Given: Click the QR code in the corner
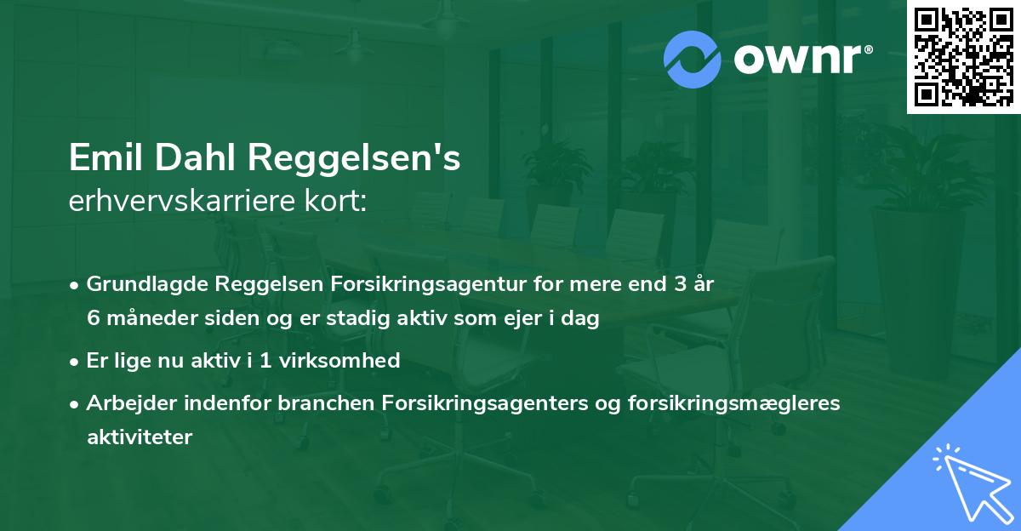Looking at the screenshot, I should click(963, 56).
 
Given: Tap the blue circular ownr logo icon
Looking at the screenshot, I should click(693, 60).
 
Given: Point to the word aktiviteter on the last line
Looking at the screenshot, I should click(140, 437).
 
